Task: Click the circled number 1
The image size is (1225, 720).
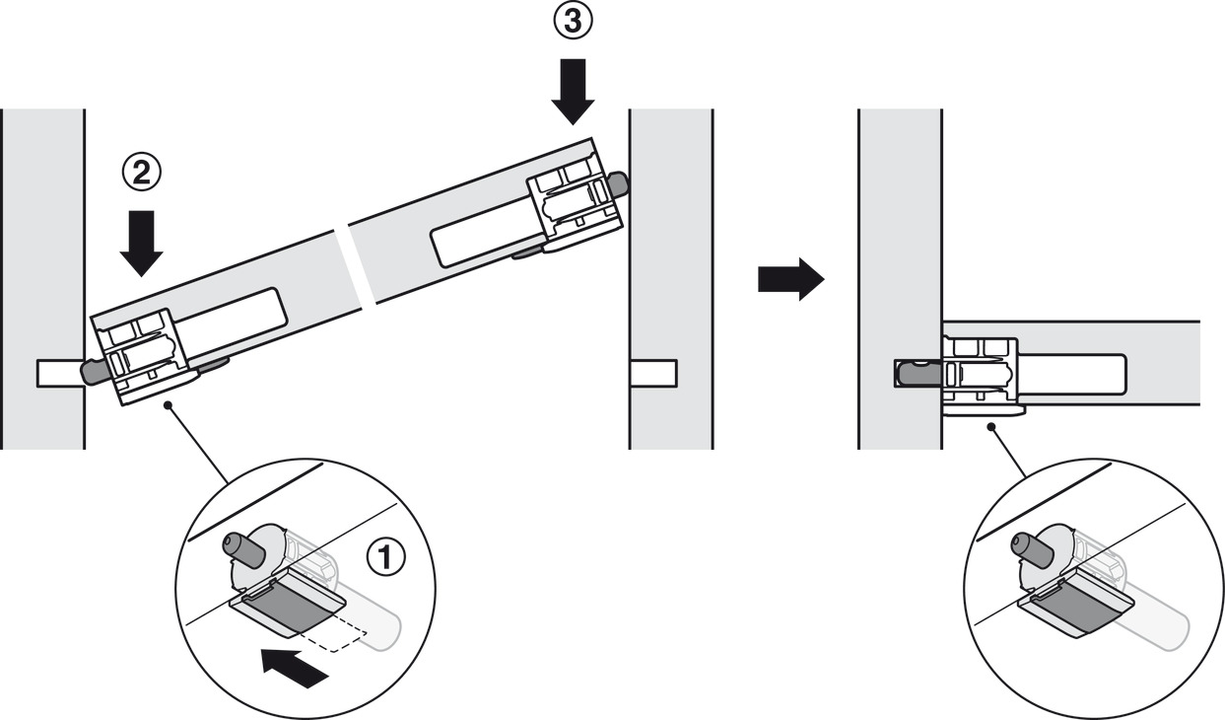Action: click(x=386, y=556)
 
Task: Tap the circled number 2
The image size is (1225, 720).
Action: click(x=141, y=174)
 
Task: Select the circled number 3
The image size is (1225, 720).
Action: click(x=573, y=21)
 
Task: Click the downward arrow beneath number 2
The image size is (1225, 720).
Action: click(x=141, y=244)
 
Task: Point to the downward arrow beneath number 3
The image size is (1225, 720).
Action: click(x=573, y=92)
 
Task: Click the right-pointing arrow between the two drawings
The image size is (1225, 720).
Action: click(x=790, y=279)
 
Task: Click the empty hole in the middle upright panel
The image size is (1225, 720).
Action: click(x=653, y=373)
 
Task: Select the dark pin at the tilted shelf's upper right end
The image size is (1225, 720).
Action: click(x=618, y=184)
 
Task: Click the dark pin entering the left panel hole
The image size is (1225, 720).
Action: click(x=93, y=372)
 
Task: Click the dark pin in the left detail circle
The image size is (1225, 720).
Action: click(x=243, y=548)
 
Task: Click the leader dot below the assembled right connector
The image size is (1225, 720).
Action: click(x=990, y=426)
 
